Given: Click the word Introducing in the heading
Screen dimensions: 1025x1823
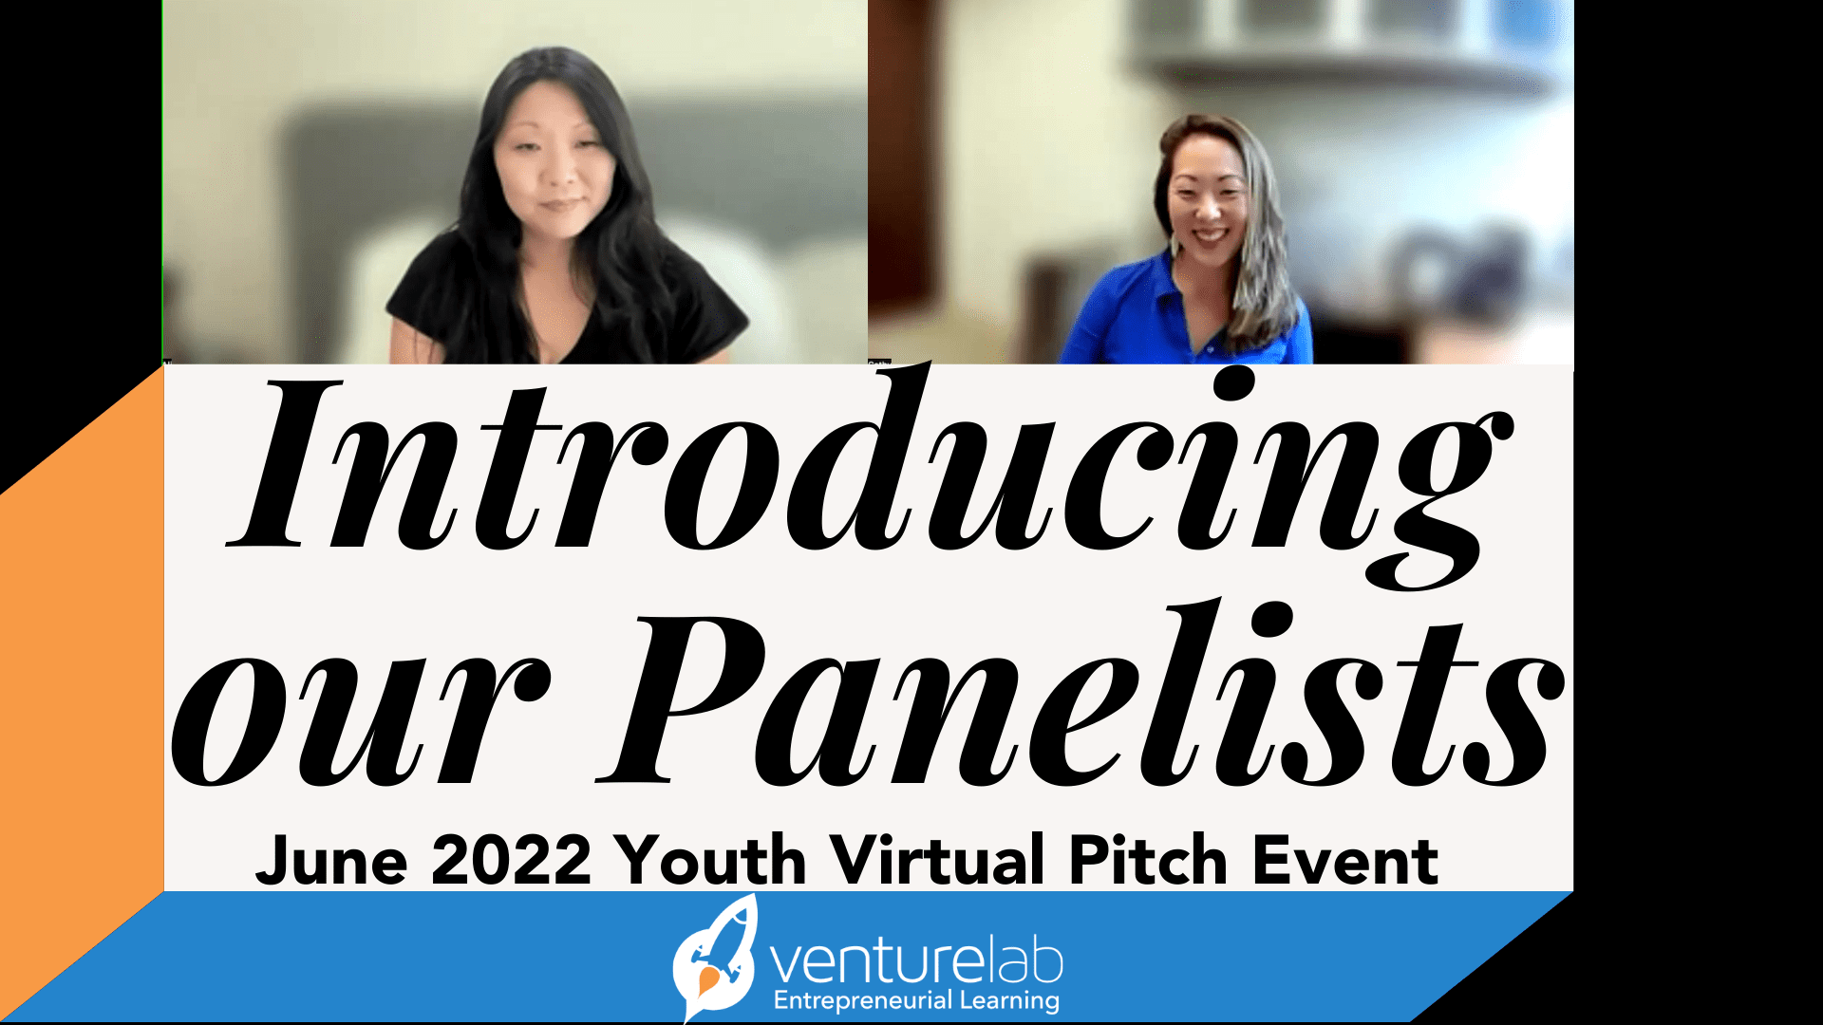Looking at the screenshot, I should coord(869,465).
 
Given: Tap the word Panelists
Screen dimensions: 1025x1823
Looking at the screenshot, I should coord(1082,702).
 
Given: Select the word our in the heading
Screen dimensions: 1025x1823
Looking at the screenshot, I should coord(361,721).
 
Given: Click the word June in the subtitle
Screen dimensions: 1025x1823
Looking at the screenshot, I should coord(331,861).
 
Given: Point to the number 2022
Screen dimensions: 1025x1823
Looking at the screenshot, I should coord(511,861).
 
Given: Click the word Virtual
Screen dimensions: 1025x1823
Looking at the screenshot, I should coord(937,861).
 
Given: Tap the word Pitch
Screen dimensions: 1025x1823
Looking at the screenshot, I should coord(1148,861).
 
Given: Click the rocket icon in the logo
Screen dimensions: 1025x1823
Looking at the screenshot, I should coord(715,959).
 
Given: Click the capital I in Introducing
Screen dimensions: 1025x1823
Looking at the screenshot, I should coord(285,465).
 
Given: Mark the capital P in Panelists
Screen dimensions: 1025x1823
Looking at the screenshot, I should coord(679,702).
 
